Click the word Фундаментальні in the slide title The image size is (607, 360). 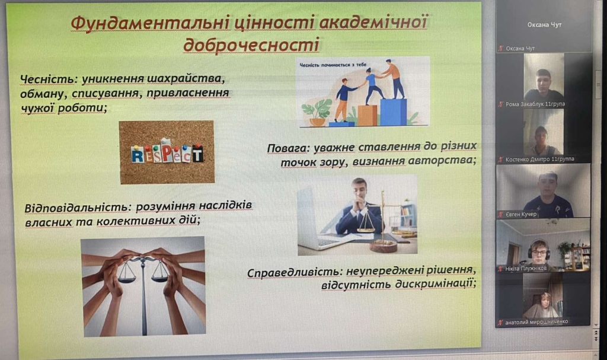pos(150,23)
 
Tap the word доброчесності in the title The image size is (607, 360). pos(251,44)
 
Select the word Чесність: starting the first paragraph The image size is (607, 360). pos(49,79)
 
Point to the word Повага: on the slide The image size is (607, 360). pos(289,148)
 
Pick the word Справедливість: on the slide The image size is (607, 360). pos(295,272)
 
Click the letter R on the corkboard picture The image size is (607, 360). pos(138,155)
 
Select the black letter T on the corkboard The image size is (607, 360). pos(198,153)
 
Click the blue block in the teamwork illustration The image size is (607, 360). pos(394,112)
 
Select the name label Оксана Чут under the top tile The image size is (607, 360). pos(520,49)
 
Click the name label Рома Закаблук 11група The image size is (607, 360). pos(535,104)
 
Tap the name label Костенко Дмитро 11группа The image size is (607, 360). pos(539,159)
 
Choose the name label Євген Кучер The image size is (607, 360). pos(521,214)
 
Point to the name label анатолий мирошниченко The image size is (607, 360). pos(536,321)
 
